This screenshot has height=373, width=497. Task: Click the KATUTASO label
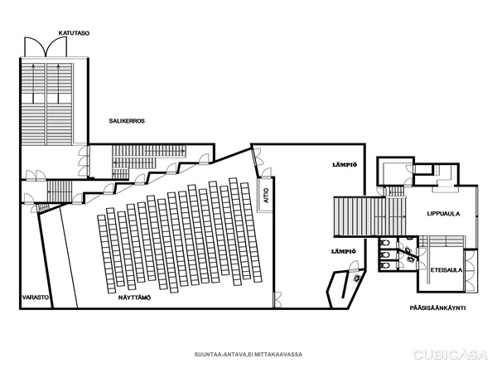pos(74,33)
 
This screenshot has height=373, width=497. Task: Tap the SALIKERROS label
pos(127,121)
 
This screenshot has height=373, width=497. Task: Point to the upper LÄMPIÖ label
pos(345,165)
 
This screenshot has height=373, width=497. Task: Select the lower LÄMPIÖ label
pos(344,251)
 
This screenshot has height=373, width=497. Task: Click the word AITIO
pos(266,196)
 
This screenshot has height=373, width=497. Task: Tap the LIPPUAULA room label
pos(443,214)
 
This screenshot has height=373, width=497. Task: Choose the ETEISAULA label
pos(446,270)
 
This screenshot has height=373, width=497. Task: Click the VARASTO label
pos(36,298)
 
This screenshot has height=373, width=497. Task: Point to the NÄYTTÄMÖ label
pos(134,298)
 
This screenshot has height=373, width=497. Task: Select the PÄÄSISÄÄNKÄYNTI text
pos(437,308)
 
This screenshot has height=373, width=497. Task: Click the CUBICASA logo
pos(450,354)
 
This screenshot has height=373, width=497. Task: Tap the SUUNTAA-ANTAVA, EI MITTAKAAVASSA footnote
pos(248,354)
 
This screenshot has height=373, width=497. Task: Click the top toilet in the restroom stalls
pos(384,243)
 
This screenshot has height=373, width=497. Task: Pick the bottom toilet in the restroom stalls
pos(384,265)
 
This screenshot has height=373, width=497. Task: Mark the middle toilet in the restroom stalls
pos(384,254)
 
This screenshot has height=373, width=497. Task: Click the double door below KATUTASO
pos(46,47)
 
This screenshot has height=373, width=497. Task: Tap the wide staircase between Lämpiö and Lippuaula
pos(369,216)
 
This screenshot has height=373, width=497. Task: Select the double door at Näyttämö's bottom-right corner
pos(277,300)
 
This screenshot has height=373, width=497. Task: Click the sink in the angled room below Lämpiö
pos(358,279)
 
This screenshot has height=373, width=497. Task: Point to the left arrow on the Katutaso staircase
pos(33,83)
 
